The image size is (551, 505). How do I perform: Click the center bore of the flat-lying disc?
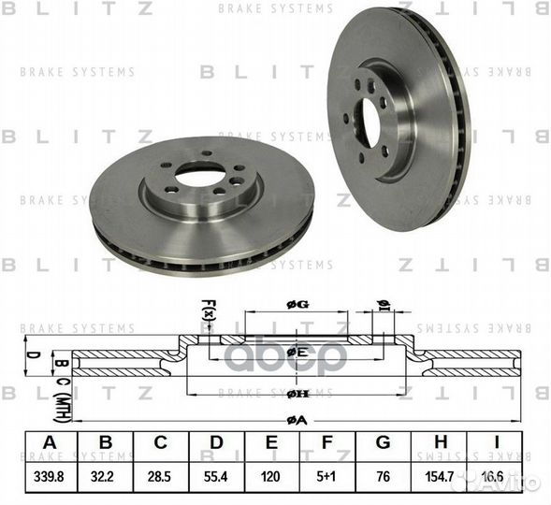[200, 175]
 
